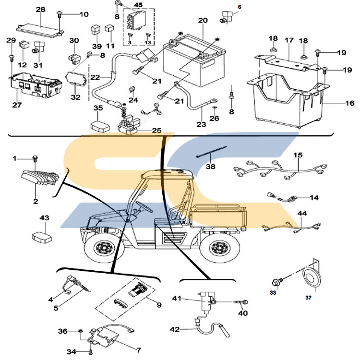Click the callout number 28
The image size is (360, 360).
click(x=41, y=10)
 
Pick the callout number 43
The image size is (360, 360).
click(x=44, y=218)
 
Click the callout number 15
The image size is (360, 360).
click(x=299, y=156)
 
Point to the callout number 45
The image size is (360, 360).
click(x=138, y=5)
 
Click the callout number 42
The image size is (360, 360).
click(x=175, y=329)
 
